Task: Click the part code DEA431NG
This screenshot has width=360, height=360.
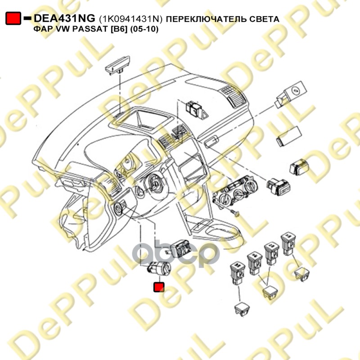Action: click(65, 18)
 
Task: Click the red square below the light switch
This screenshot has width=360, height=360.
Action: click(159, 287)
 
